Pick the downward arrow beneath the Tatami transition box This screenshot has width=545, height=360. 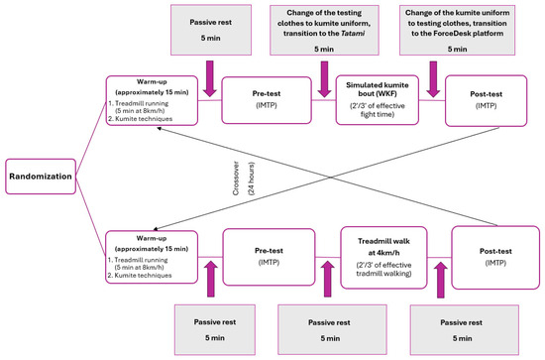coord(324,77)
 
